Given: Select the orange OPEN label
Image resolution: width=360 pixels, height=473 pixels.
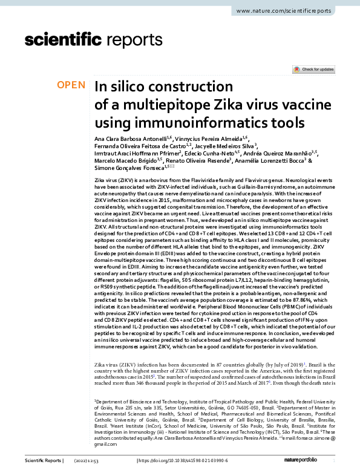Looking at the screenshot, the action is pyautogui.click(x=71, y=86).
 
